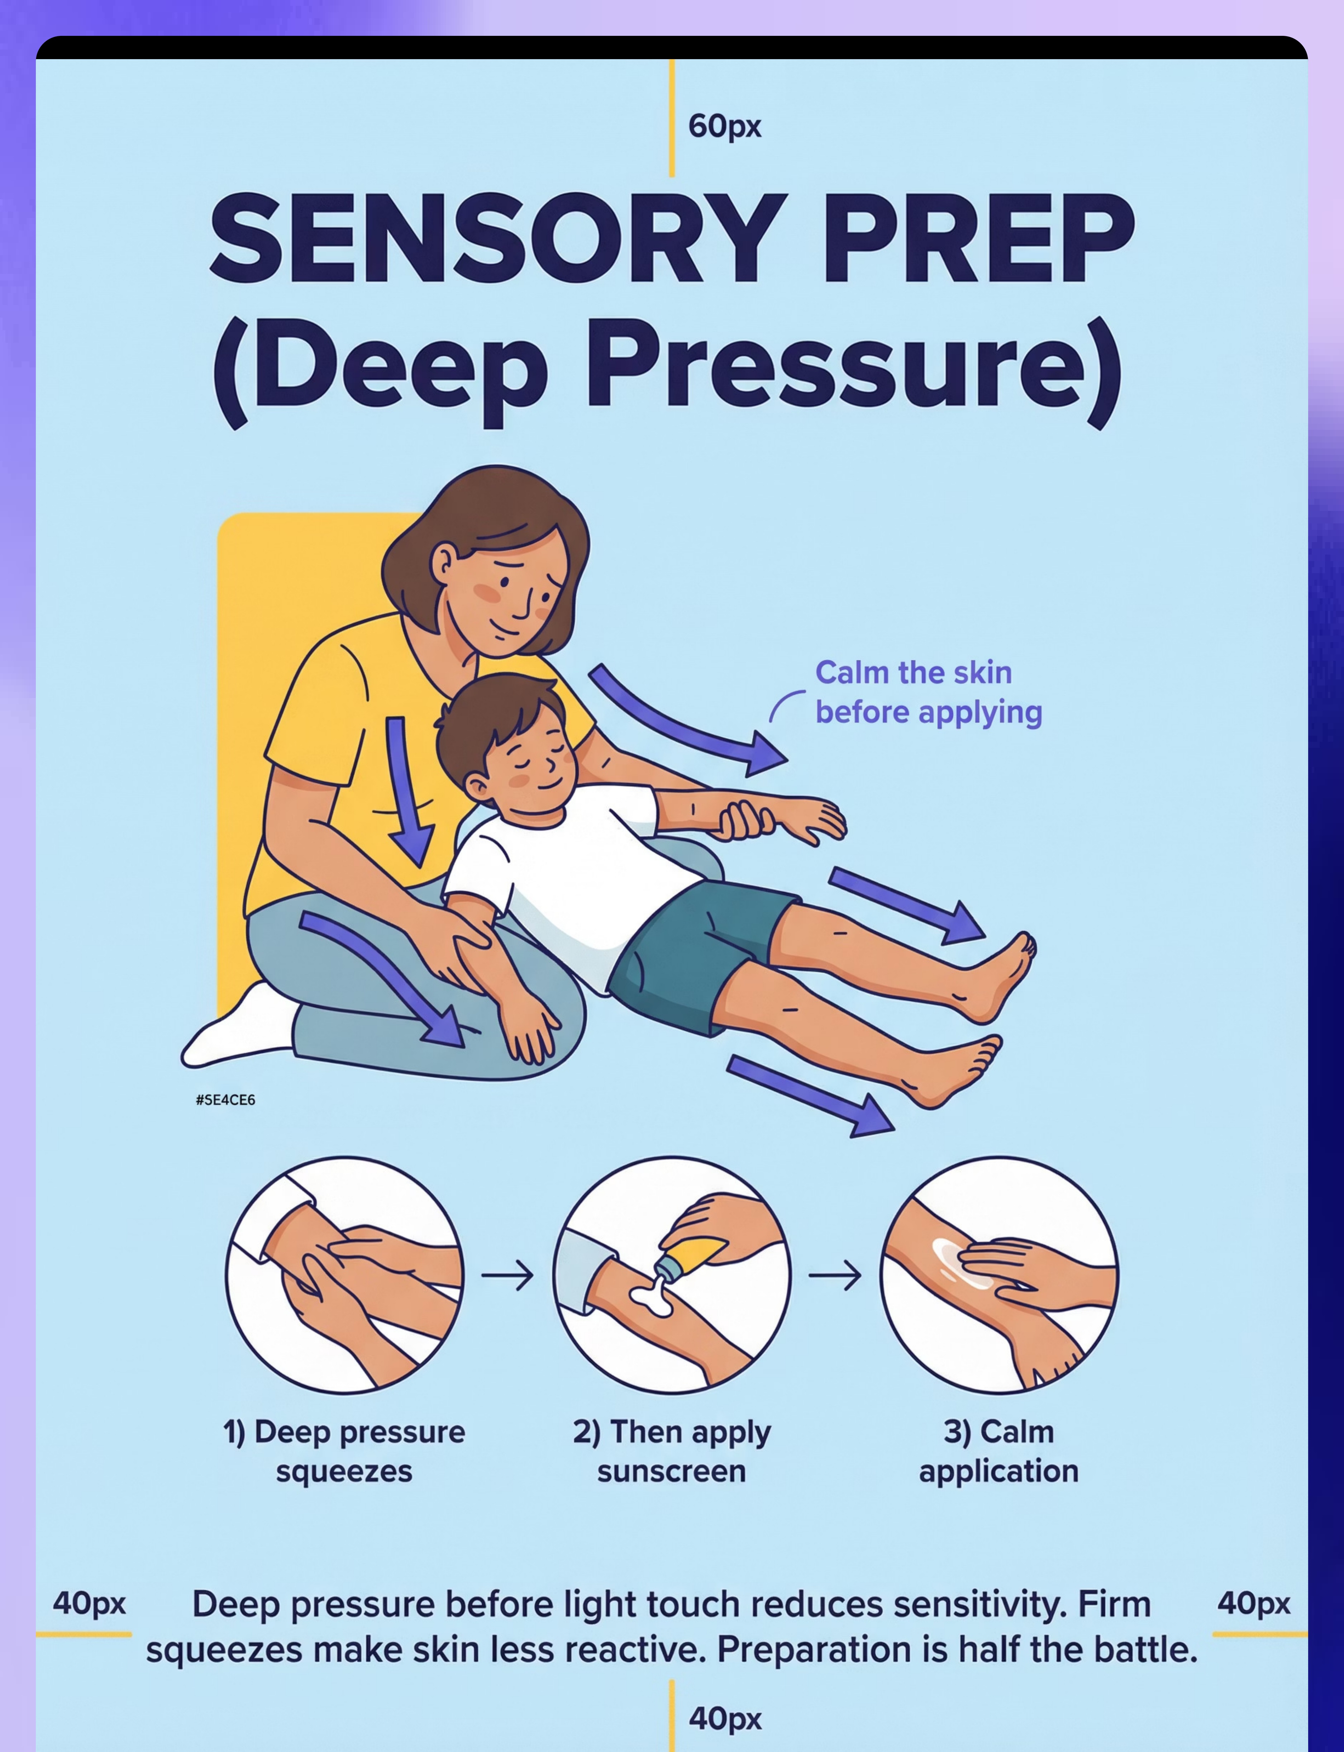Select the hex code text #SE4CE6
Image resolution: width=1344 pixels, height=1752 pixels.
tap(225, 1100)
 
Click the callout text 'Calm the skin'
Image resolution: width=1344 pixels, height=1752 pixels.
tap(914, 673)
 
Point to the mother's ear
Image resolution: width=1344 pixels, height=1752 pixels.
tap(442, 562)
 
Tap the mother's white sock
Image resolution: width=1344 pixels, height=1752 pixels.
tap(238, 1028)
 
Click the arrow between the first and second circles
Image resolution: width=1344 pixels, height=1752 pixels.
tap(507, 1275)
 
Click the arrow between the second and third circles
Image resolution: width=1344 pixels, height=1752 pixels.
tap(835, 1275)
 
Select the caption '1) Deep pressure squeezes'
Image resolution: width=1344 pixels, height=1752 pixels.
tap(344, 1451)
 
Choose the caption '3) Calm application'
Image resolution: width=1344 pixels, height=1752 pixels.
tap(999, 1451)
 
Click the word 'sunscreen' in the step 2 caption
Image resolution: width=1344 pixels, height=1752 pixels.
tap(671, 1471)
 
